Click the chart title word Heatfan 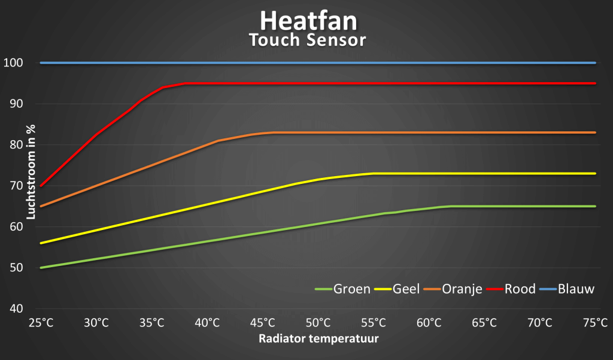pos(308,21)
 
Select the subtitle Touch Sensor pos(308,41)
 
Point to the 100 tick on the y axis pos(13,63)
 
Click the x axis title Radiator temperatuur pos(318,339)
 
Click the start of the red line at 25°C pos(41,186)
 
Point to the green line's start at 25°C pos(41,268)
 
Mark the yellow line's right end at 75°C pos(595,174)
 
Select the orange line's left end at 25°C pos(41,207)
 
